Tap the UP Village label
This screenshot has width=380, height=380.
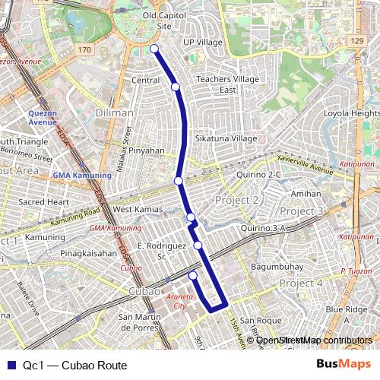(x=202, y=43)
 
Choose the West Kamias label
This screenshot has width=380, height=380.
(x=133, y=209)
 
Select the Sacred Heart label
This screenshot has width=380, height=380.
(x=43, y=202)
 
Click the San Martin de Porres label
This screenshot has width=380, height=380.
(x=147, y=321)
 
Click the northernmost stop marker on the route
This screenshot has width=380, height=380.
(x=154, y=49)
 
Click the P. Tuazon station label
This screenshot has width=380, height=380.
(x=354, y=271)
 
